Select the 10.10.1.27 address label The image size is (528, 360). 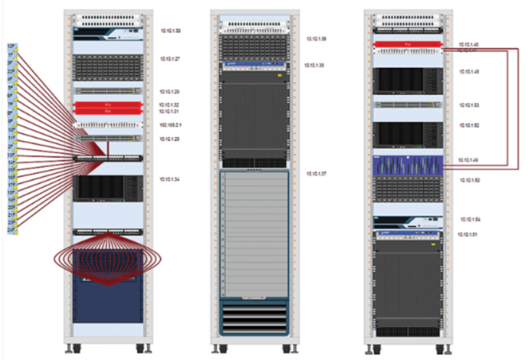click(170, 59)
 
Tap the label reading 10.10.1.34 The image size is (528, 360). click(170, 180)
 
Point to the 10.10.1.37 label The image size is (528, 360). click(317, 173)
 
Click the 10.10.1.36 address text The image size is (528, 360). click(316, 39)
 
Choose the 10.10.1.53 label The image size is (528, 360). click(469, 105)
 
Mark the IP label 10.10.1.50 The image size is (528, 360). click(469, 180)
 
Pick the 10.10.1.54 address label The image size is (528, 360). click(470, 220)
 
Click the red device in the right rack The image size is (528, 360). click(408, 44)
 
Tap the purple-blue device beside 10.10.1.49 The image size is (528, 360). click(408, 166)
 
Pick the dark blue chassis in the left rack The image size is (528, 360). click(107, 288)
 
